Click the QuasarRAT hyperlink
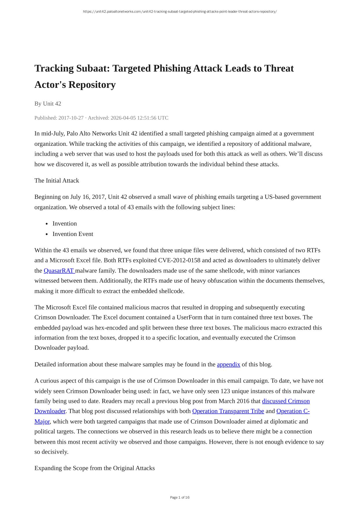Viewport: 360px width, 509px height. coord(59,271)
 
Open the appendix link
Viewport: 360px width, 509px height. coord(228,364)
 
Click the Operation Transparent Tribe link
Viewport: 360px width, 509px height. coord(228,411)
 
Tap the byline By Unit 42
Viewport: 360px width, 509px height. coord(48,103)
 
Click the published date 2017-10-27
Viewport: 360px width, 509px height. coord(71,118)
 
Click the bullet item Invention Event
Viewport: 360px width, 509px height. coord(73,234)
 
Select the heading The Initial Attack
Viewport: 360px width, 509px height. coord(57,181)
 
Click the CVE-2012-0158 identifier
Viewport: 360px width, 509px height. coord(179,260)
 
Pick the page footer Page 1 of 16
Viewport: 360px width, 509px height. coord(180,497)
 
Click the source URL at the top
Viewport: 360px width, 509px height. coord(180,12)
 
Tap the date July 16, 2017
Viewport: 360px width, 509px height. coord(88,197)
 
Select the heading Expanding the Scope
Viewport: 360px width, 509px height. coord(94,468)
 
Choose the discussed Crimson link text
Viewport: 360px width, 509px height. coord(286,401)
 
